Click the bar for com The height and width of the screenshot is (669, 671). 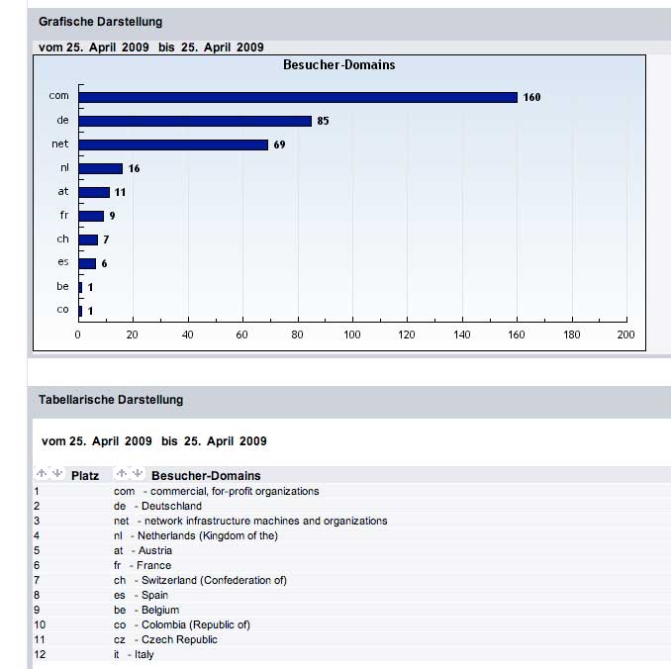coord(297,97)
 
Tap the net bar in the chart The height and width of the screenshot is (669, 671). coord(173,144)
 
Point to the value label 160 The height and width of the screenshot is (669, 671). coord(531,97)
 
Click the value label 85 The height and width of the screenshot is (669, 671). coord(323,121)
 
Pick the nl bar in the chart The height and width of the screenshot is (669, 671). coord(100,168)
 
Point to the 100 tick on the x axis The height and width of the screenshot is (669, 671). coord(352,335)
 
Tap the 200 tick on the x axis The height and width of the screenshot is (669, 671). coord(625,335)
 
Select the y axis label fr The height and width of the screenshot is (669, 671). coord(63,215)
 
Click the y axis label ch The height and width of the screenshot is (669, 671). coord(63,239)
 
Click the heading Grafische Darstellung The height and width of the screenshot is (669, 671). coord(100,22)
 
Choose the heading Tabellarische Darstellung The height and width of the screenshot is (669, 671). coord(111,400)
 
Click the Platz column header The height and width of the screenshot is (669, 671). coord(85,475)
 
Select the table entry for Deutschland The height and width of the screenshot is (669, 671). coord(158,506)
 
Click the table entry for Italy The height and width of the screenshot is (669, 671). coord(135,654)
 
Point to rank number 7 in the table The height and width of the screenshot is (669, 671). coord(37,580)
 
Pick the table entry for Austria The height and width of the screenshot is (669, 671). coord(144,550)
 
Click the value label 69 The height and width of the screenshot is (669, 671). coord(279,144)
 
